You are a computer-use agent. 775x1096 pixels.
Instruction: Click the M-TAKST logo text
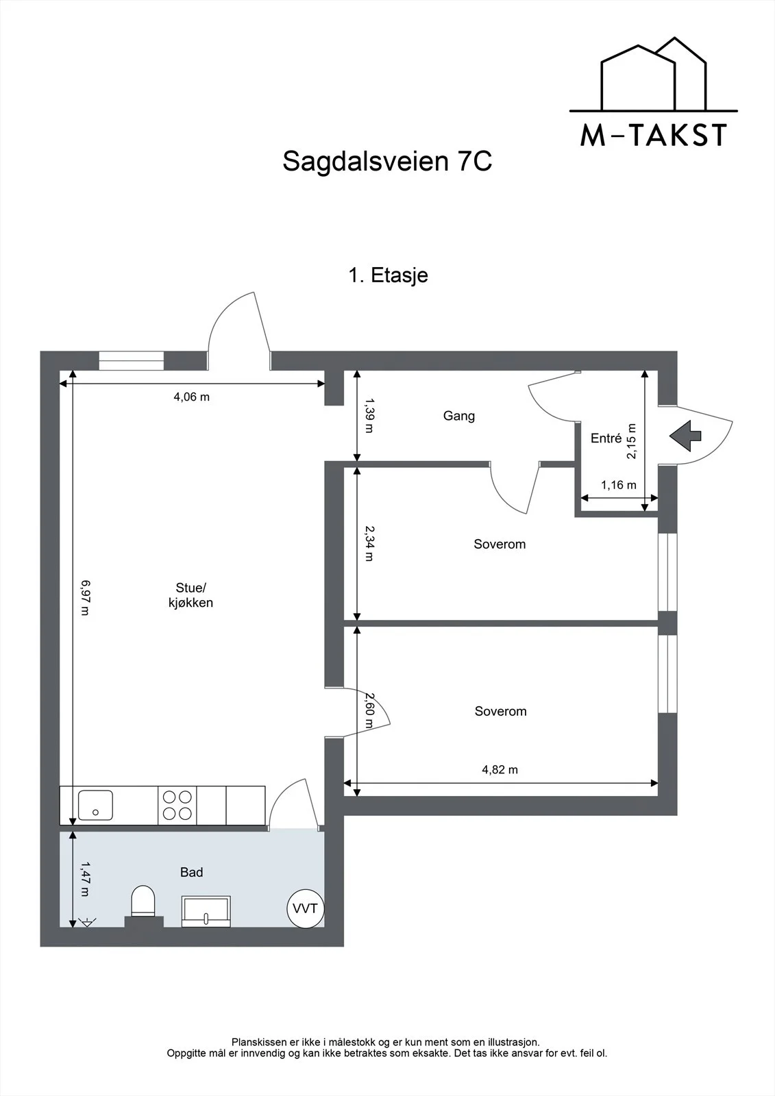coord(654,135)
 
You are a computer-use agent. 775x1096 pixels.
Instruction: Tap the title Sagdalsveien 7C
coord(387,161)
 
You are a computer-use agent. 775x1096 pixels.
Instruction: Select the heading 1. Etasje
coord(388,275)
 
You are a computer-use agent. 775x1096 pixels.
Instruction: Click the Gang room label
coord(458,416)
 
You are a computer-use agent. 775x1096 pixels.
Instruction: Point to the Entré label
coord(606,438)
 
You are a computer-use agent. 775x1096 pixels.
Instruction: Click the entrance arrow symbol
coord(685,436)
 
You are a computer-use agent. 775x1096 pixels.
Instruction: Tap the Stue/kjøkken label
coord(190,595)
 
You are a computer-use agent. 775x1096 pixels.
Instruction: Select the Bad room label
coord(191,872)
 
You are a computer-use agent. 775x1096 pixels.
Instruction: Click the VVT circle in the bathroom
coord(305,908)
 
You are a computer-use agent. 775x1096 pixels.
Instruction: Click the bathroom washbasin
coord(206,911)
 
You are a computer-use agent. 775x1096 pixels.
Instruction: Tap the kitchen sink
coord(95,806)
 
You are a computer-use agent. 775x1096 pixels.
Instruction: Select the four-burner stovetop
coord(177,806)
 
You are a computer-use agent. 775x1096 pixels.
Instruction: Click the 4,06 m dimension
coord(191,397)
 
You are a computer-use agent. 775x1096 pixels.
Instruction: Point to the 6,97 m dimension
coord(85,597)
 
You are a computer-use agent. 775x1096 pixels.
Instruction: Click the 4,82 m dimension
coord(500,770)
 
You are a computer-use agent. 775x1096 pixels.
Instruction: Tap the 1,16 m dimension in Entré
coord(619,485)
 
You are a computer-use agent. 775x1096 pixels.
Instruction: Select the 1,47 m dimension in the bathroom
coord(85,880)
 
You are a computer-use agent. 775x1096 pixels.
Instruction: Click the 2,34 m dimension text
coord(369,543)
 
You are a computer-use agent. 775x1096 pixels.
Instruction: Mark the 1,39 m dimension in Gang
coord(369,415)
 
